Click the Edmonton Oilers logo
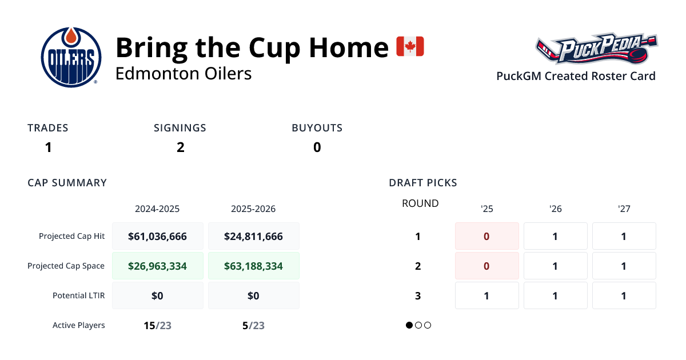pos(71,57)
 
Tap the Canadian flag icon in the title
pos(410,46)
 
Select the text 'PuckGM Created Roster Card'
pos(576,76)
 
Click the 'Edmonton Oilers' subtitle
pos(184,74)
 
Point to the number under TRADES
pos(49,147)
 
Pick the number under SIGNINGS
pos(180,147)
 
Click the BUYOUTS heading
pos(317,128)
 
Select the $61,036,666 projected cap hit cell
pos(157,236)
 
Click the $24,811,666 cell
pos(253,236)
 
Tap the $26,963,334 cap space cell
pos(157,266)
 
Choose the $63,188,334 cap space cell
pos(253,266)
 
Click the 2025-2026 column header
pos(253,209)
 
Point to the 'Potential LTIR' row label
pos(79,295)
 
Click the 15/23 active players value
pos(157,326)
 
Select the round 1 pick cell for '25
pos(486,236)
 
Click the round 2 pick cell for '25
pos(486,266)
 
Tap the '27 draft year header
pos(624,209)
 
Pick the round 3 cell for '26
pos(555,295)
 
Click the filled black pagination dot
pos(409,325)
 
